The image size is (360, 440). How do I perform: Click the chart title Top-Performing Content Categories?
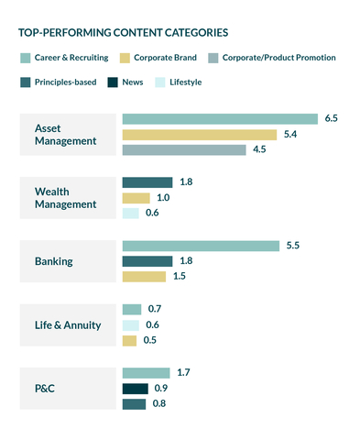tap(123, 33)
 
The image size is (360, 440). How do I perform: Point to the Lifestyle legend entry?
tap(186, 82)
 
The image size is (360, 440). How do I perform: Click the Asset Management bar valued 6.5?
tap(220, 119)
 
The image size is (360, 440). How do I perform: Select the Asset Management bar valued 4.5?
tap(184, 150)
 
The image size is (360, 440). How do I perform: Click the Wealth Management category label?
tap(66, 198)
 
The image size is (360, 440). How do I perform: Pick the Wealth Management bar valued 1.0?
tap(136, 198)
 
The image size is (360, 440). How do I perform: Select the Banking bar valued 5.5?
tap(200, 246)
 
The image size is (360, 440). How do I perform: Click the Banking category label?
tap(54, 261)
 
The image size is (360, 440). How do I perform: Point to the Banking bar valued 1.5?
tap(144, 277)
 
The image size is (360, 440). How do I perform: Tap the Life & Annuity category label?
tap(69, 324)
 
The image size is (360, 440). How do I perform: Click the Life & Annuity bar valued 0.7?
tap(131, 309)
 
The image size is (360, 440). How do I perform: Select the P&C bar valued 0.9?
tap(135, 389)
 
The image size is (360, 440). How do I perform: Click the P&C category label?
tap(45, 388)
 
